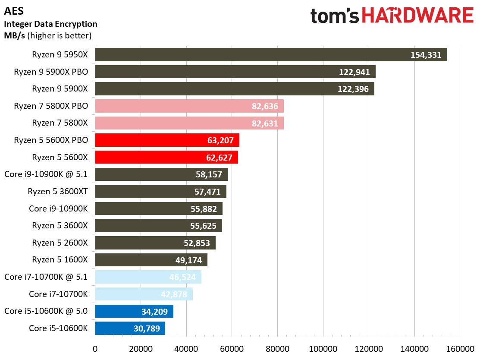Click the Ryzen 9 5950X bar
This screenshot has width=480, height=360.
271,55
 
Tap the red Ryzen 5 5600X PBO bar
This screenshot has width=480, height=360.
167,140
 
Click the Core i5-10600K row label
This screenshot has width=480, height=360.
58,328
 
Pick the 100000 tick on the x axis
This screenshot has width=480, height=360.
323,348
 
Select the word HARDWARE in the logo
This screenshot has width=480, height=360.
417,16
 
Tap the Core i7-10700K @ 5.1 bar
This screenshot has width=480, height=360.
148,277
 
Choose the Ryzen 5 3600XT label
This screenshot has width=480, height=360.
57,191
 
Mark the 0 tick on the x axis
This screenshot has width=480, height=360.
95,348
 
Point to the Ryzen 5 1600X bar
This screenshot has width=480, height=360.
151,260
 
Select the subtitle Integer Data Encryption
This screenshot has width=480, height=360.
50,24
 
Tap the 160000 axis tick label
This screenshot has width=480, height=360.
460,348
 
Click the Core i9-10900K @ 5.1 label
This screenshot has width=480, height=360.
46,174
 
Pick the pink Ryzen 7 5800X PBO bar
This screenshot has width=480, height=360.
189,106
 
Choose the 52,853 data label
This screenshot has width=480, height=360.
197,243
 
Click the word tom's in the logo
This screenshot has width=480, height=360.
335,16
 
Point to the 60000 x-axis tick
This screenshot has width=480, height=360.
232,348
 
